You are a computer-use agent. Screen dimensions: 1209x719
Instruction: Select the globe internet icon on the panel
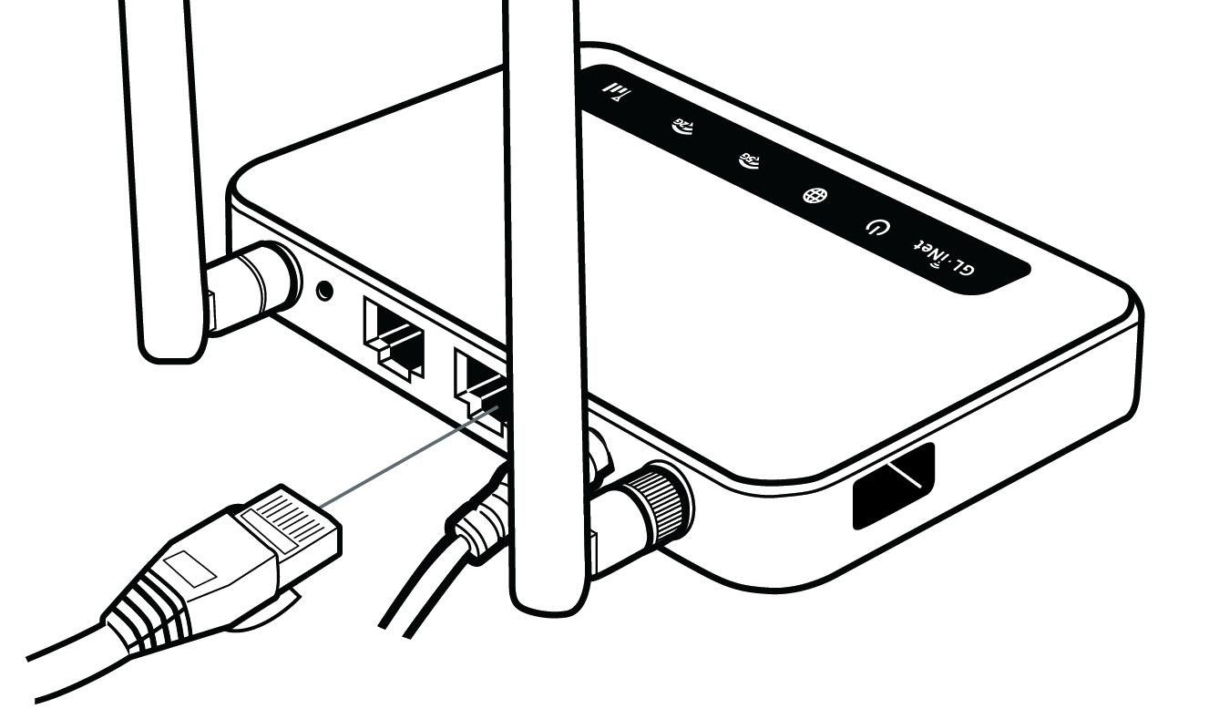coord(809,196)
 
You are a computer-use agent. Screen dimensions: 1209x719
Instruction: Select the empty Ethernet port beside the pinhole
coord(394,336)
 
